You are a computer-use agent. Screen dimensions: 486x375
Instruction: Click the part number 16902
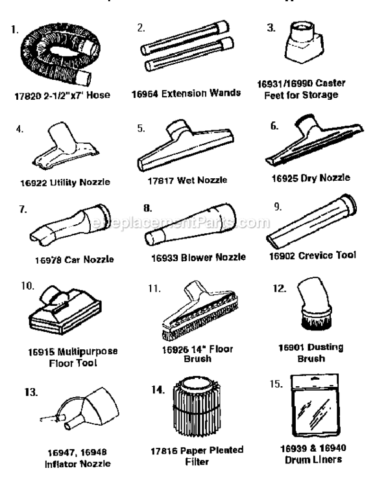pos(282,255)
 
